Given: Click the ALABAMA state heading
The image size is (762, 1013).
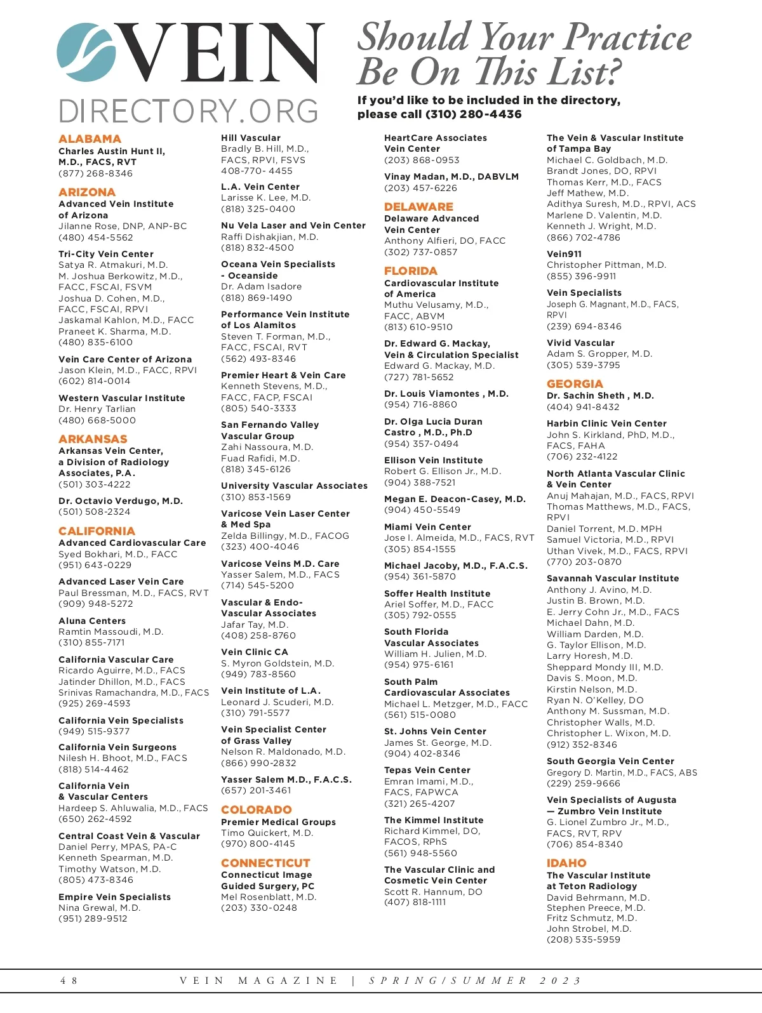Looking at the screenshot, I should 90,139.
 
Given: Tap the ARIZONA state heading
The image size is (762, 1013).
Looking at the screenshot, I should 87,192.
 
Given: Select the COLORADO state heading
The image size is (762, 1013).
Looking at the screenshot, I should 257,810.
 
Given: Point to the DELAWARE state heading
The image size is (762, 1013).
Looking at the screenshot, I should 418,207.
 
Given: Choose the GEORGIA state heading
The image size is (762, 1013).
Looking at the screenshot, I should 575,384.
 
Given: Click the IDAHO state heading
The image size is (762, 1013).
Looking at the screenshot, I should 566,863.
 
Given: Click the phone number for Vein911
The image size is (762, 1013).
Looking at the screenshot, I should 581,276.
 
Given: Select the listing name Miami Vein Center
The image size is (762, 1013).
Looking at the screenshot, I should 427,527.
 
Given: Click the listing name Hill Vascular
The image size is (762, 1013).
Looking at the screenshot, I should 251,138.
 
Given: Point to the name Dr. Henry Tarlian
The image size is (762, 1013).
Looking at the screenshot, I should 97,409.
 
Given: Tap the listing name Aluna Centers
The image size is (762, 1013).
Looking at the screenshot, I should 92,621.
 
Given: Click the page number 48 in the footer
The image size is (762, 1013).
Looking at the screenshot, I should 69,981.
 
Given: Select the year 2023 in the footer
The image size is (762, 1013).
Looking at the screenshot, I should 560,981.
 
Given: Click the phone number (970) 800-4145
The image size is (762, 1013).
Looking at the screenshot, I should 258,844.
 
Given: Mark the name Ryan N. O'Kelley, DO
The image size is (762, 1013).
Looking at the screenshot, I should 595,700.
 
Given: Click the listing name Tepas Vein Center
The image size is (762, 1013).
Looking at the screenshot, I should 427,770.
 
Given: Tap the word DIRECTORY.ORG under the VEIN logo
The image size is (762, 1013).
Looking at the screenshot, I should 189,112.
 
